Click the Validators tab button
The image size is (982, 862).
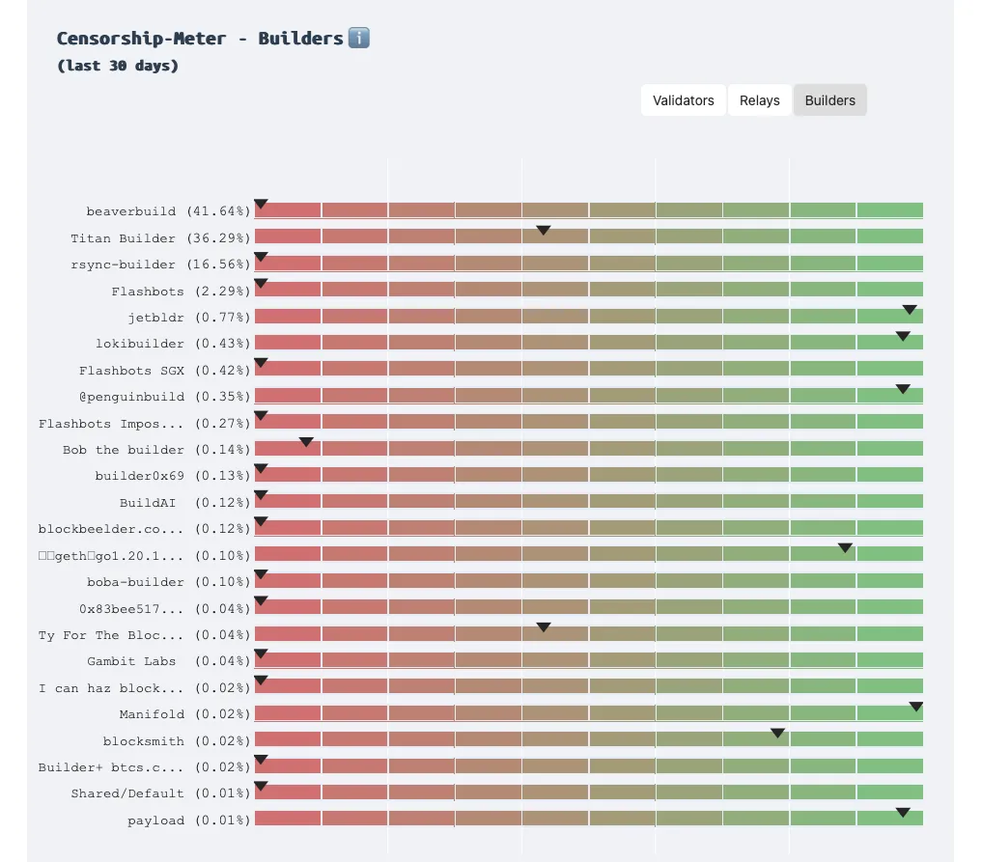coord(683,100)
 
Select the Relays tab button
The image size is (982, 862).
coord(759,100)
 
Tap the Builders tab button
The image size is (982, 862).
coord(829,100)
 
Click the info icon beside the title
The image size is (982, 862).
coord(358,39)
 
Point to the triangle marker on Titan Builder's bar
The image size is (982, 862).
coord(543,230)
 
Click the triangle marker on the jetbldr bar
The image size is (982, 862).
coord(909,310)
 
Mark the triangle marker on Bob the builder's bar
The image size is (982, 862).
coord(306,442)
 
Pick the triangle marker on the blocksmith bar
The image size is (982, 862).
coord(777,734)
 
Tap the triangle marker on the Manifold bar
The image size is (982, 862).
coord(915,707)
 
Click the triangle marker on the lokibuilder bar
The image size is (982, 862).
coord(902,336)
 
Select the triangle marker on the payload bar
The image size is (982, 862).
coord(902,813)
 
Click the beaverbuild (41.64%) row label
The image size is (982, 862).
coord(168,211)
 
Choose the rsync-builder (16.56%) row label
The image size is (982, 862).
coord(160,264)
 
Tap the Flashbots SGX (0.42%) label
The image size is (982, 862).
coord(164,371)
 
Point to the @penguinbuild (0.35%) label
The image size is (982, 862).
coord(164,397)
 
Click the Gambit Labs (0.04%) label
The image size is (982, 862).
coord(168,661)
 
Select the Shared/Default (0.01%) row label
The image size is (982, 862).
coord(160,793)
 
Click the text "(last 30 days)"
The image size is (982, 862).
coord(118,66)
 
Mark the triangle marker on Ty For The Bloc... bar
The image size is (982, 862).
coord(543,627)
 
